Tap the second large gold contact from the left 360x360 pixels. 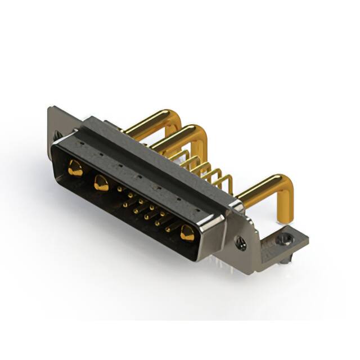click(101, 182)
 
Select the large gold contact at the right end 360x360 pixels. click(187, 232)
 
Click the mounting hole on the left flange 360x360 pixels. click(57, 135)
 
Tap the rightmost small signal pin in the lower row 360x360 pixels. click(168, 229)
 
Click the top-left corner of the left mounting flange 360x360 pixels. click(51, 109)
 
